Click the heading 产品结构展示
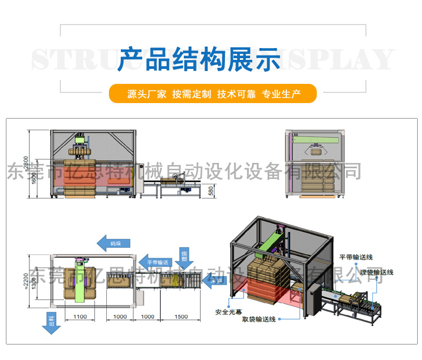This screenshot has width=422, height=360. (x=199, y=59)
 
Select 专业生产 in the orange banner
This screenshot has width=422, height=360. (x=281, y=95)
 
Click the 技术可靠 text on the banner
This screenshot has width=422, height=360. (x=236, y=95)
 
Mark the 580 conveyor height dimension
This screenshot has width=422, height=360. (x=211, y=190)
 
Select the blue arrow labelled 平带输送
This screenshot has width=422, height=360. (x=158, y=262)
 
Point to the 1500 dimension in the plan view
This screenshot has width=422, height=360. (x=181, y=317)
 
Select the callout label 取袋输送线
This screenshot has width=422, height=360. (x=259, y=319)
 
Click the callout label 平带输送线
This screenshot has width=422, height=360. (x=356, y=257)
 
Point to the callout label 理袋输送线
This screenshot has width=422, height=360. (x=376, y=272)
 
